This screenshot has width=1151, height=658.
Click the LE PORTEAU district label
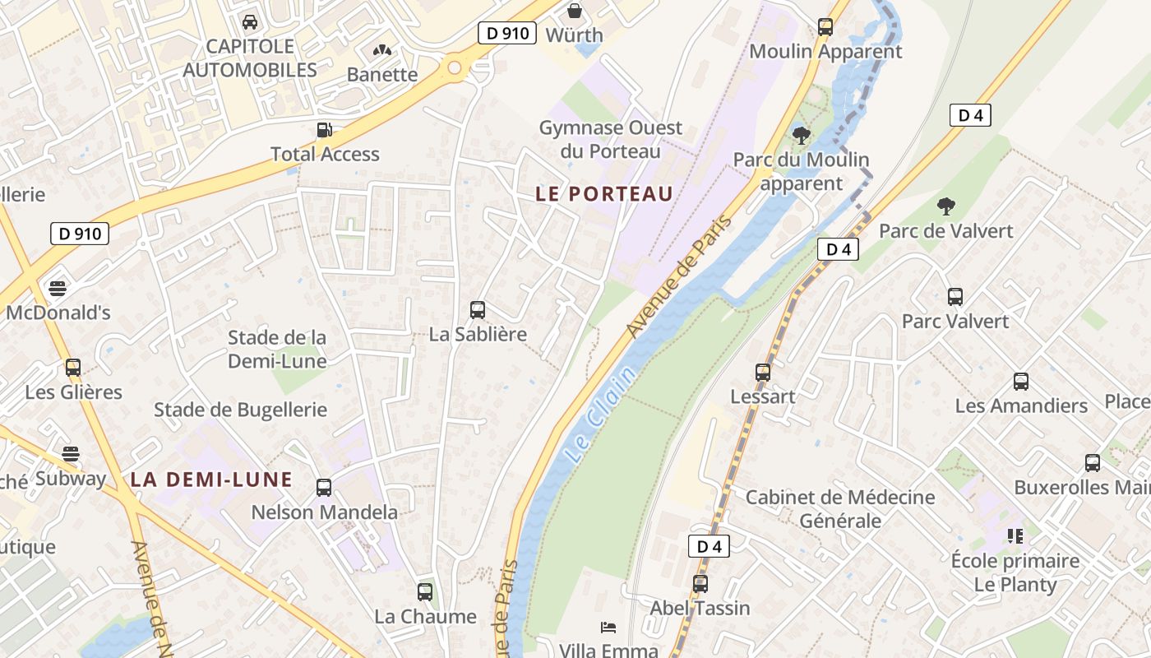pos(604,194)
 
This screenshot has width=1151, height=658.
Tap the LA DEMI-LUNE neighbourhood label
pos(211,480)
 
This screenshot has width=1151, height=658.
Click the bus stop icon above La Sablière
pos(478,310)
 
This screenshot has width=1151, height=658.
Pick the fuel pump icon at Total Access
pos(325,130)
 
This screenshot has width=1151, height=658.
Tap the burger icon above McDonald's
pos(58,289)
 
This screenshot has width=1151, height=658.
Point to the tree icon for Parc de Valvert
pos(946,206)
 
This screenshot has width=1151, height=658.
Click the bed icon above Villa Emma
pos(608,628)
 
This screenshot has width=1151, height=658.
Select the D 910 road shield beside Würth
pos(507,33)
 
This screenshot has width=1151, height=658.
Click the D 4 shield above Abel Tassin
pos(709,546)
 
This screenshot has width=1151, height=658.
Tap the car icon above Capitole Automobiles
pos(250,21)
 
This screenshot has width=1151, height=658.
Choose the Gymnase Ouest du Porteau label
pos(610,140)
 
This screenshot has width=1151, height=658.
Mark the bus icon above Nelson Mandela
pos(324,488)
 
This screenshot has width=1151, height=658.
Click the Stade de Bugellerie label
pos(240,410)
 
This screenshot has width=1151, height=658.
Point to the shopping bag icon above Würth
pos(575,11)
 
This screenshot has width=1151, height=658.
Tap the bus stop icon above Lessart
pos(763,373)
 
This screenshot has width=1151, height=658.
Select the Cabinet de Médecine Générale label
pos(840,509)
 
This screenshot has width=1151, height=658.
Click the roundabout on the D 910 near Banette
pos(455,67)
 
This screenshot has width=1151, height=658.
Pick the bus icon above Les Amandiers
pos(1021,382)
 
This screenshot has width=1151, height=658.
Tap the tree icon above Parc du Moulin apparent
pos(801,134)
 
